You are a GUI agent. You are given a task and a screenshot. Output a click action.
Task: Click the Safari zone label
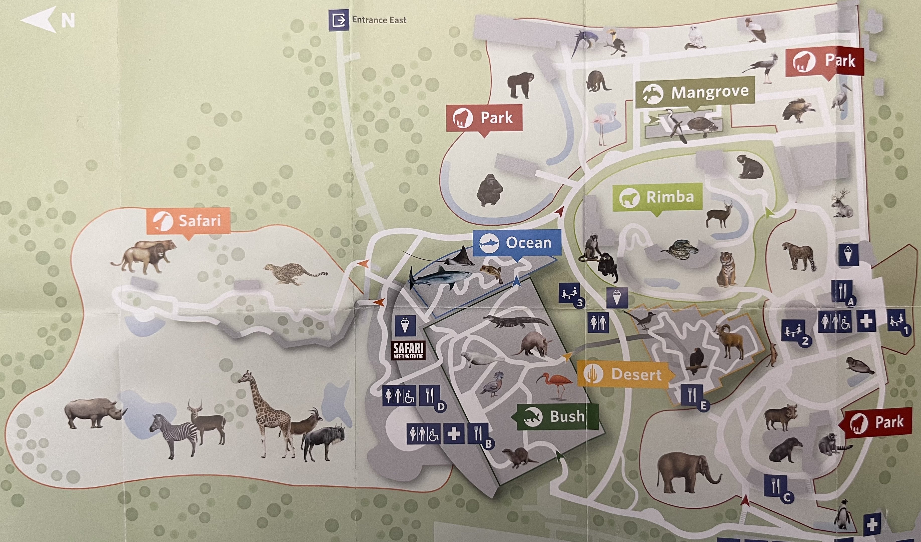pyautogui.click(x=189, y=221)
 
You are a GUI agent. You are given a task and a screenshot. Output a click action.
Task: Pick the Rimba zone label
pyautogui.click(x=657, y=197)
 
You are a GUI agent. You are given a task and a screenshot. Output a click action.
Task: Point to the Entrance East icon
pyautogui.click(x=339, y=20)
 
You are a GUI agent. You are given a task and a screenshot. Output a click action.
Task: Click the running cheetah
pyautogui.click(x=294, y=273)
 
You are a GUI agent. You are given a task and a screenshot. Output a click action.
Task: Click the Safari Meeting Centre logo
pyautogui.click(x=408, y=350)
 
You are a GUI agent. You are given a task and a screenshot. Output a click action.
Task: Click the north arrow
pyautogui.click(x=47, y=20)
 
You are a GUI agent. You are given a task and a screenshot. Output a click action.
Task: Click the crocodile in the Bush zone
pyautogui.click(x=515, y=321)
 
